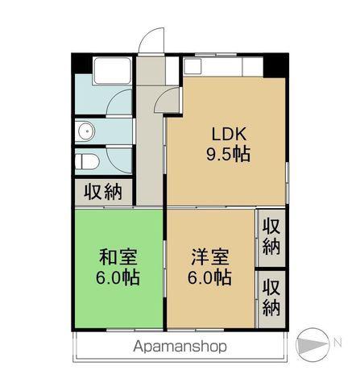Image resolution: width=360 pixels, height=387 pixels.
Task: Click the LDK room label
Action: [x=229, y=134]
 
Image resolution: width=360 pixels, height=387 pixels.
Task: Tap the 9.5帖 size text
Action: [x=228, y=154]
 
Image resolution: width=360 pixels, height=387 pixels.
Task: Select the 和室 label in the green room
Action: [x=118, y=257]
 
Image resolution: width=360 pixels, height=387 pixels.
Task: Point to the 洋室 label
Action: [x=210, y=257]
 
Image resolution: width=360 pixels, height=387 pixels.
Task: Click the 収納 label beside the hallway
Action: [x=103, y=192]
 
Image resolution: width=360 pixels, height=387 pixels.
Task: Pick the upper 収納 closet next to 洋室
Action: [x=271, y=237]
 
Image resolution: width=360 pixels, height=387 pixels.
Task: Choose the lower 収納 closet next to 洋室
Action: [x=271, y=298]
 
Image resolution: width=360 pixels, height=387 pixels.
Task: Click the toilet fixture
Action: [x=87, y=162]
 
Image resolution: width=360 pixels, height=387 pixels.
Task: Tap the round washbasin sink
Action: [x=85, y=131]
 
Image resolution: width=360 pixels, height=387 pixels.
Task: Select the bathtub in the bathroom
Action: [x=113, y=70]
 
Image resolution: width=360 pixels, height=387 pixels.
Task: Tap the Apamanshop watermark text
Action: [x=180, y=347]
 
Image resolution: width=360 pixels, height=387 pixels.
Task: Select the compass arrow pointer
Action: [x=312, y=344]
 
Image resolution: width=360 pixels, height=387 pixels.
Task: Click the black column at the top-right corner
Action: [x=276, y=65]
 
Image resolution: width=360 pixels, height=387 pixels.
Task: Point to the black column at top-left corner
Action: [x=82, y=64]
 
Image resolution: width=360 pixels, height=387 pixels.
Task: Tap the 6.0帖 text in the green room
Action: [x=118, y=277]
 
